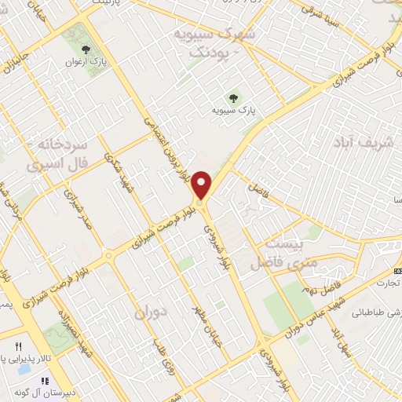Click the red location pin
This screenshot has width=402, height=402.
click(203, 185)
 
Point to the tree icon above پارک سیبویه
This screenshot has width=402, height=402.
click(232, 98)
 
